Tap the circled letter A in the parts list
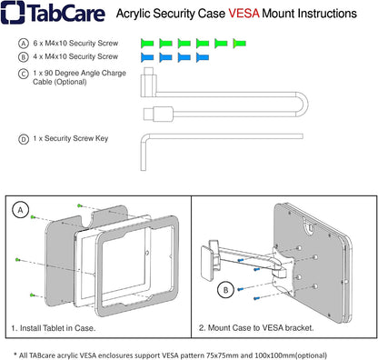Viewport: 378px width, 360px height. (x=22, y=44)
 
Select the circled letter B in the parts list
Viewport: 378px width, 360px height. (x=22, y=58)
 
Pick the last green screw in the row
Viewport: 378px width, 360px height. (x=240, y=43)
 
